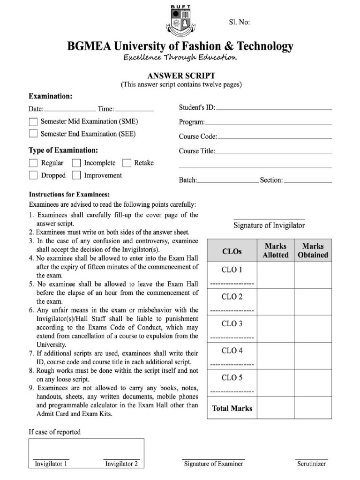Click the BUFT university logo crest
coord(180,21)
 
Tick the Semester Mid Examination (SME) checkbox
coord(33,121)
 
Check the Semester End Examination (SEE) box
coord(33,134)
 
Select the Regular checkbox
coord(33,163)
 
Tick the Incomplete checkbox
coord(76,163)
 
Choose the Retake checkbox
coord(127,163)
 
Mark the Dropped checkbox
coord(33,175)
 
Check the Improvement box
coord(76,175)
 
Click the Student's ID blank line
coord(274,109)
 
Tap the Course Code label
coord(197,137)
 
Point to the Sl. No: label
coord(240,22)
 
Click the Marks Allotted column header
coord(276,251)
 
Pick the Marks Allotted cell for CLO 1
coord(276,275)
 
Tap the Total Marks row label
coord(232,408)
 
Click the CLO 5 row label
coord(232,377)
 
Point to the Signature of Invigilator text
coord(269,225)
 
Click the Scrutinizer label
coord(311,464)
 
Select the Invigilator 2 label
coord(121,464)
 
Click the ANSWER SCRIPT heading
coord(181,75)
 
